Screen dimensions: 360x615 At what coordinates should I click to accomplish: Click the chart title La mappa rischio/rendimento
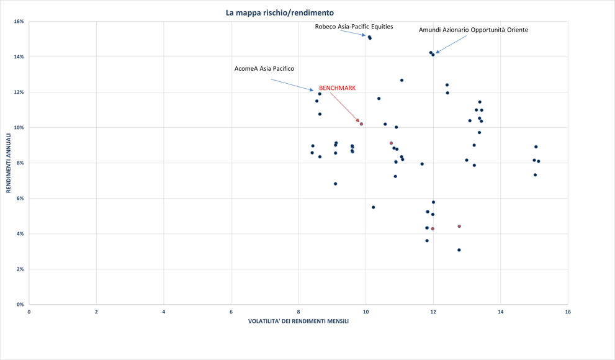280,12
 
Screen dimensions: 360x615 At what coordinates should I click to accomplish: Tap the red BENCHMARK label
337,88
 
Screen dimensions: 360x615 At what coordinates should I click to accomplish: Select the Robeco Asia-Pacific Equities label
354,27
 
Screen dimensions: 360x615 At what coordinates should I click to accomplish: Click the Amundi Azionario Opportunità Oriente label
473,30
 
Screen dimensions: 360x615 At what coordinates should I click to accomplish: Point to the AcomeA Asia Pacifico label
264,68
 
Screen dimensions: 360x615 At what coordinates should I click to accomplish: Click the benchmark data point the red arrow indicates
361,124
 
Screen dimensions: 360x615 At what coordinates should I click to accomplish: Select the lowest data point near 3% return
459,250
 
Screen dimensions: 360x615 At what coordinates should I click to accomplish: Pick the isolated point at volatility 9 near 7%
336,184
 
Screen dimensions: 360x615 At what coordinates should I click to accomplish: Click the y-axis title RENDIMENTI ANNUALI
9,163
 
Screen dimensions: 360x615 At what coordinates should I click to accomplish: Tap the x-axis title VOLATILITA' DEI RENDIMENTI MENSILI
299,321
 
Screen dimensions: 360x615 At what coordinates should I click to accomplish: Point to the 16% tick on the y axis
19,22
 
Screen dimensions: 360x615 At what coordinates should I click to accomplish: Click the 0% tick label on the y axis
20,305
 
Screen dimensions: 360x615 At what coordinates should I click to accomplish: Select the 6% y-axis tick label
20,199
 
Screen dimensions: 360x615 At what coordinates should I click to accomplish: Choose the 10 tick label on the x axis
366,312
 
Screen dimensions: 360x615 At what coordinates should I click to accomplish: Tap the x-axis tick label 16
567,312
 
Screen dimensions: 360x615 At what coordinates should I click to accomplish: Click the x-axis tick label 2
96,312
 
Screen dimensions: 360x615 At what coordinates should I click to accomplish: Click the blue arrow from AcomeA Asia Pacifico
292,85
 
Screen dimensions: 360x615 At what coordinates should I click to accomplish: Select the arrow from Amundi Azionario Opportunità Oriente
451,43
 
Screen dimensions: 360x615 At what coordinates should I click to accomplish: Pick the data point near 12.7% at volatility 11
402,80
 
